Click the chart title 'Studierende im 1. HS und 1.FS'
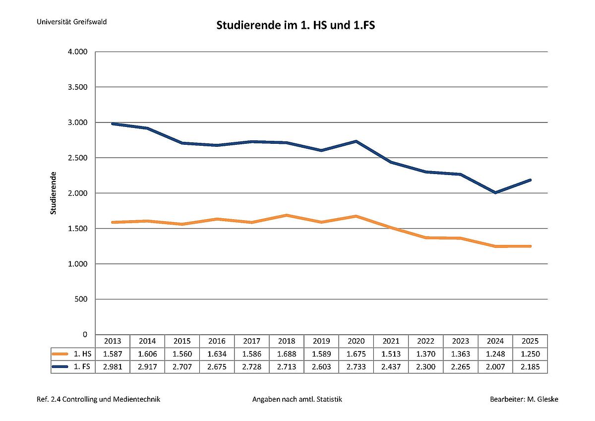coord(296,25)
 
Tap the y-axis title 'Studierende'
coord(54,193)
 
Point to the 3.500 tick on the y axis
coord(77,87)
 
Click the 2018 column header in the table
coord(287,341)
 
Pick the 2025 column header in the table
coord(530,341)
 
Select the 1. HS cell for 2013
coord(113,354)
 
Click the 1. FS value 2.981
coord(113,367)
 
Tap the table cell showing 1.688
coord(287,354)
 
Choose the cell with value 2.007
coord(495,367)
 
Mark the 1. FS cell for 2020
coord(357,367)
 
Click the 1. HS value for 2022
coord(426,354)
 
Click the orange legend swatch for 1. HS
coord(59,354)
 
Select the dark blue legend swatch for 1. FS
coord(59,367)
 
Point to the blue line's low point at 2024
coord(495,192)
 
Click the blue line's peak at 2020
coord(357,141)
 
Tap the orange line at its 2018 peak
coord(287,215)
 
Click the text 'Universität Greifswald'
coord(71,22)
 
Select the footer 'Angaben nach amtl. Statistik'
coord(297,399)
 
